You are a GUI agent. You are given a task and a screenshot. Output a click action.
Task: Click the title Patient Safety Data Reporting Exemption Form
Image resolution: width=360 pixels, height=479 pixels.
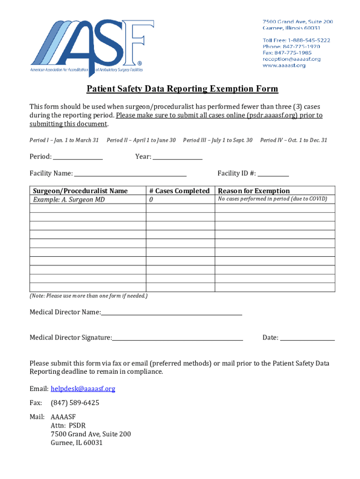(182, 89)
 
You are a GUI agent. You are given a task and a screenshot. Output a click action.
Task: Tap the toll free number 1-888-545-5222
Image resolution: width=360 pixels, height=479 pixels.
(295, 40)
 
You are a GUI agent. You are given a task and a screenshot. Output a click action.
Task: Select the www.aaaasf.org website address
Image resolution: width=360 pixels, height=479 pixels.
(284, 65)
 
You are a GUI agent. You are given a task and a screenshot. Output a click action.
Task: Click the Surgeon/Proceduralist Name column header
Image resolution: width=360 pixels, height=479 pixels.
(80, 191)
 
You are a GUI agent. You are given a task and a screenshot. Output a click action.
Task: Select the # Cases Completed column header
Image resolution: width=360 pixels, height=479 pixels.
(180, 191)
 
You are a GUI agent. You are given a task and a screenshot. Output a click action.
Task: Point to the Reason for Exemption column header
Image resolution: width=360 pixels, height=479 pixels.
(254, 191)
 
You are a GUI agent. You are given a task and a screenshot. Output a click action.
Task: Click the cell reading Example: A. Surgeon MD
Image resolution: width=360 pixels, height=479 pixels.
(69, 200)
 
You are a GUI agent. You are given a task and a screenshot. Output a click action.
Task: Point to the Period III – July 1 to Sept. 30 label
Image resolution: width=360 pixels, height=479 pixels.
(218, 140)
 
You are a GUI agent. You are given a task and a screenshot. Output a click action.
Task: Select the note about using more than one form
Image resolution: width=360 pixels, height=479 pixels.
(88, 296)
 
